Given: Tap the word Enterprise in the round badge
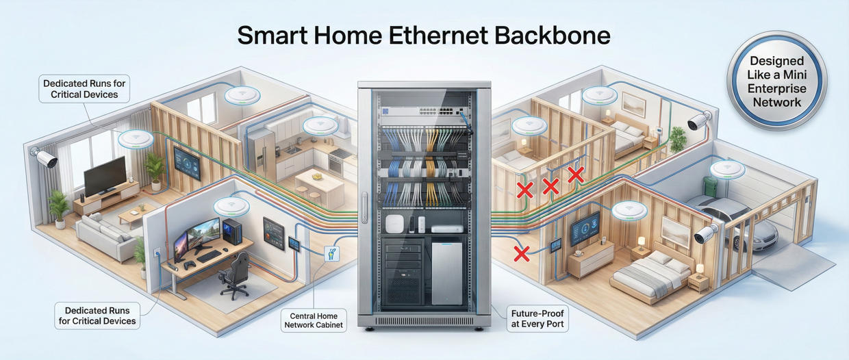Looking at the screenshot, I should [776, 89].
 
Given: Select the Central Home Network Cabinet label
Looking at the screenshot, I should [313, 320].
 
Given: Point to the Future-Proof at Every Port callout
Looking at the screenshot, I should [537, 319].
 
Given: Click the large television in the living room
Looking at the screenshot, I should [104, 175].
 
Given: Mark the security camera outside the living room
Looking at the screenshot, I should [45, 159].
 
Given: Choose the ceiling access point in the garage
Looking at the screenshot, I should [728, 168].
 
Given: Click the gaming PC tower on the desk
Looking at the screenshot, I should [233, 231].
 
